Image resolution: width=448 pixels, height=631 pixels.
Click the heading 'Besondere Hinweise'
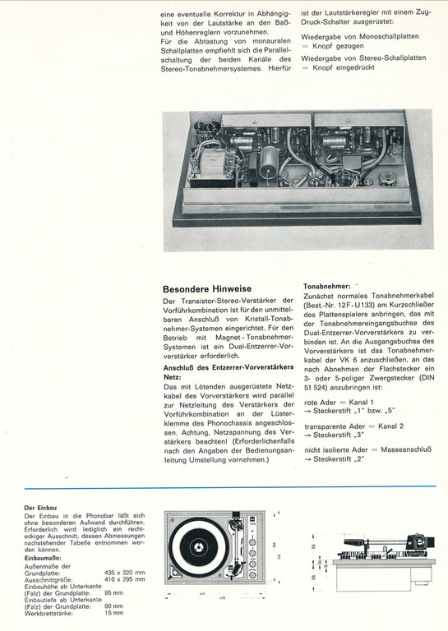pos(207,289)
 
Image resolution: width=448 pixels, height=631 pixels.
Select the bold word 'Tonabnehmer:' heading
pos(327,286)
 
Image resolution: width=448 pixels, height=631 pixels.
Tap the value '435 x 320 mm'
pos(125,573)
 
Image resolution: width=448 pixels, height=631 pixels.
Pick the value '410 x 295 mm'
pos(125,579)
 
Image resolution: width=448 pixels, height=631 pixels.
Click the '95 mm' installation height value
pos(113,592)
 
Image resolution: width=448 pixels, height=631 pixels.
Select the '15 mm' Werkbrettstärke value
pos(113,613)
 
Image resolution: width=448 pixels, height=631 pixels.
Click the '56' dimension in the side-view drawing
pos(316,546)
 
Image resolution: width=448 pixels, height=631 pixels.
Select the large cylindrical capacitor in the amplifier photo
pos(268,164)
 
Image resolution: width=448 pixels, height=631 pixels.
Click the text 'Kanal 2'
pos(390,426)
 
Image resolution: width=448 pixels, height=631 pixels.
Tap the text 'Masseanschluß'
pos(406,449)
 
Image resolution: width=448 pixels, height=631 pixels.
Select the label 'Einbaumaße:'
pos(43,558)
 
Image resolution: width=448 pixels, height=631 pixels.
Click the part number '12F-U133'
pos(355,304)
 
